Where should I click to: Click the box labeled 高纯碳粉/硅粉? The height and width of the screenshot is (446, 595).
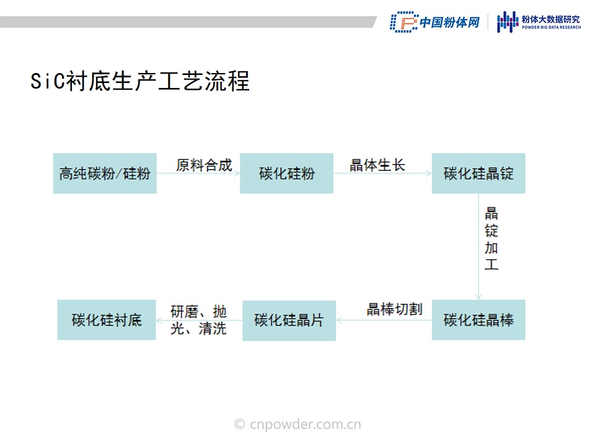coord(105,173)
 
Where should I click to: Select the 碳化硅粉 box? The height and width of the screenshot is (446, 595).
coord(286,173)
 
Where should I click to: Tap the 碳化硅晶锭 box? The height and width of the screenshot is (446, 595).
coord(478,173)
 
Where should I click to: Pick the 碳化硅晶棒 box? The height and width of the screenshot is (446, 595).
coord(478,320)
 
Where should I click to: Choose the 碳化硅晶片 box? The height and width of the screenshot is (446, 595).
coord(289,320)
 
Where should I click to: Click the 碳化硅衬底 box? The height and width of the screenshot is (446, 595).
coord(107,320)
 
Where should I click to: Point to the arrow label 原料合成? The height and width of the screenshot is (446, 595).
coord(204,165)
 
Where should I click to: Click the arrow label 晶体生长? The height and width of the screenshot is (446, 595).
coord(377,165)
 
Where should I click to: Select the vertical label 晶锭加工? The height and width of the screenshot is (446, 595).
coord(491,238)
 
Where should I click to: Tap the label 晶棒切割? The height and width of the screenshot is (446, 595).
coord(395,309)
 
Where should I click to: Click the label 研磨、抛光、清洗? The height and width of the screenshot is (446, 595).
coord(198,320)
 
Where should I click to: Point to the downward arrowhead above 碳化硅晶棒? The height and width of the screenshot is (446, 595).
coord(478,297)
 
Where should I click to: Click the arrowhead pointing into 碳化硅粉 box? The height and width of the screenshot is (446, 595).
coord(237,173)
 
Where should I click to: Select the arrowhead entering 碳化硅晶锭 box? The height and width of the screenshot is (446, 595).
coord(429,173)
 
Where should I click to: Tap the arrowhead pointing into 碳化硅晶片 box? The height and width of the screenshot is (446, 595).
coord(339,320)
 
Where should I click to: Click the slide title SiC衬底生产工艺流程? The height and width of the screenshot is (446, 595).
coord(140,81)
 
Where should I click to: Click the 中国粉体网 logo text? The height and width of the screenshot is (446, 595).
coord(450,22)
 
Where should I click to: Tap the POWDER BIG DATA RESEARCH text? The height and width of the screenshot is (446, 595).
coord(552,27)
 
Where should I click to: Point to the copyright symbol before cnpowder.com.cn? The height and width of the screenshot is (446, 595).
coord(239,424)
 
